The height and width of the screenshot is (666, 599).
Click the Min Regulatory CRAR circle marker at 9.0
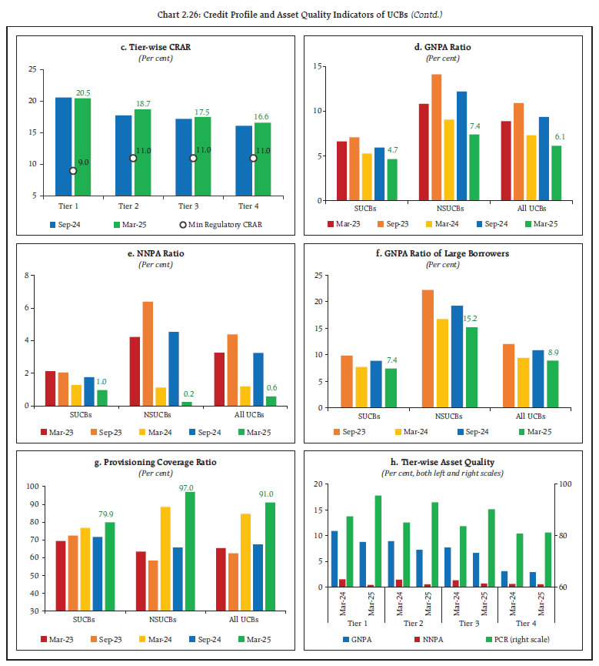73,170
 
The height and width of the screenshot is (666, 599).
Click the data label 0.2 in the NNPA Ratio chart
188,393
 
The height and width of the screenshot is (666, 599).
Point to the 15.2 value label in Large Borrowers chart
470,319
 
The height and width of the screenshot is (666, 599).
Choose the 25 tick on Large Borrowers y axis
314,275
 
